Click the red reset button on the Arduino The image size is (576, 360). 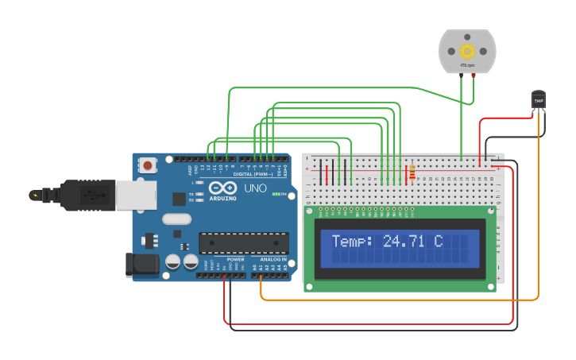point(148,165)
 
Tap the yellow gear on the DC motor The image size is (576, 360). point(466,51)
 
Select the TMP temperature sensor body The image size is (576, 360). point(539,100)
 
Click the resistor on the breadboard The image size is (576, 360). point(412,172)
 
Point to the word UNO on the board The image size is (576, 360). point(255,188)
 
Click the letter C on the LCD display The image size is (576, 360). point(438,241)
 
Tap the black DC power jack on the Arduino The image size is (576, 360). point(141,265)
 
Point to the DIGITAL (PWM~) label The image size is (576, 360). point(253,174)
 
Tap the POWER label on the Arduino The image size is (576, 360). point(236,259)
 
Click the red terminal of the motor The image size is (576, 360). point(474,75)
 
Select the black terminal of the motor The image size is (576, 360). point(460,75)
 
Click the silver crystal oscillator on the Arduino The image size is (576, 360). point(177,219)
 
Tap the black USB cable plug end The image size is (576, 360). point(48,195)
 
